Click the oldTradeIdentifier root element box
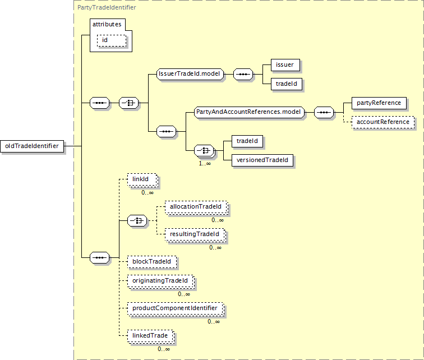point(32,146)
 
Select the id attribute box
point(112,40)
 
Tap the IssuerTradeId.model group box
point(190,74)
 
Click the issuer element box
point(285,65)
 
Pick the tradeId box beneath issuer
point(287,84)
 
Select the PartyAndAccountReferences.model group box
point(249,112)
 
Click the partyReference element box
point(379,103)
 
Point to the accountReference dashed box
point(383,122)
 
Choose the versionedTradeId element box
point(262,160)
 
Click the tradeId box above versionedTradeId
point(247,141)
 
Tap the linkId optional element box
point(142,180)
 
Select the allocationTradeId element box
point(196,207)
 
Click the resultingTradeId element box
point(195,234)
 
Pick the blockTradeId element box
point(151,262)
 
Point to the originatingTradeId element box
point(161,281)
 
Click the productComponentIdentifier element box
point(176,308)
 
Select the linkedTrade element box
point(151,336)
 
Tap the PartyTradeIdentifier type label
point(107,7)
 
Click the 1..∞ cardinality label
point(205,163)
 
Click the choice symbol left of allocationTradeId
point(137,221)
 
